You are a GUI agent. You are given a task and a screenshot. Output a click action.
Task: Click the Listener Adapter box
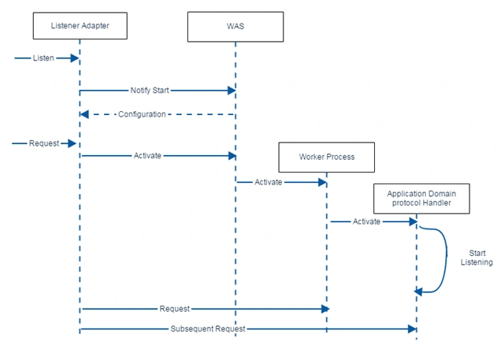(x=80, y=26)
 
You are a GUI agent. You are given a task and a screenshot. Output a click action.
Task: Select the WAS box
(x=236, y=27)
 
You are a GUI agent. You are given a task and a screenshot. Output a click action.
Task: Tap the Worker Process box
(x=326, y=158)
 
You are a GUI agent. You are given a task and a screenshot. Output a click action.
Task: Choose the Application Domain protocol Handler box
(x=421, y=199)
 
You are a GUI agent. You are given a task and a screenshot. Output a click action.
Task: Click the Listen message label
(x=43, y=58)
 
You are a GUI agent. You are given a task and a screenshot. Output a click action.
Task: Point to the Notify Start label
(x=150, y=91)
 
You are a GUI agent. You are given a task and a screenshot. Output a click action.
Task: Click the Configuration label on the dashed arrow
(x=142, y=114)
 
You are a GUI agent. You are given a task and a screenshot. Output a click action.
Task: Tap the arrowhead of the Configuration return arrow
(x=84, y=114)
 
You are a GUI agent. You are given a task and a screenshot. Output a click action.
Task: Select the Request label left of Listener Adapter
(x=44, y=143)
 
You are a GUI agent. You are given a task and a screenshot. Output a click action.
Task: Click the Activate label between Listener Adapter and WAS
(x=147, y=156)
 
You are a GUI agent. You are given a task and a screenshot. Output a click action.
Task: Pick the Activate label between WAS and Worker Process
(x=268, y=182)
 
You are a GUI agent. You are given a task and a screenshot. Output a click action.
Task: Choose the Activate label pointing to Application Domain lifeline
(x=366, y=221)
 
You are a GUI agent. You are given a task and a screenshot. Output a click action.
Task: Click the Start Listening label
(x=477, y=258)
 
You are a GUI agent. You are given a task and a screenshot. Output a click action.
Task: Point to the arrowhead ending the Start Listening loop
(x=418, y=291)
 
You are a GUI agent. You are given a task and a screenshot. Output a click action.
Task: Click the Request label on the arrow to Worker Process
(x=175, y=309)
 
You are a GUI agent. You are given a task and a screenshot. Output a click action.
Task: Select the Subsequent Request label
(x=208, y=329)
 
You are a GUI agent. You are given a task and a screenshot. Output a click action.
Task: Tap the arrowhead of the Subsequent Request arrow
(x=413, y=329)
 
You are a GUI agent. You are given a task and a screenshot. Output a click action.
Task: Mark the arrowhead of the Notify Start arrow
(x=232, y=91)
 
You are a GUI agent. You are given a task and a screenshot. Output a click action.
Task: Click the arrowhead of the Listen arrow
(x=75, y=58)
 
